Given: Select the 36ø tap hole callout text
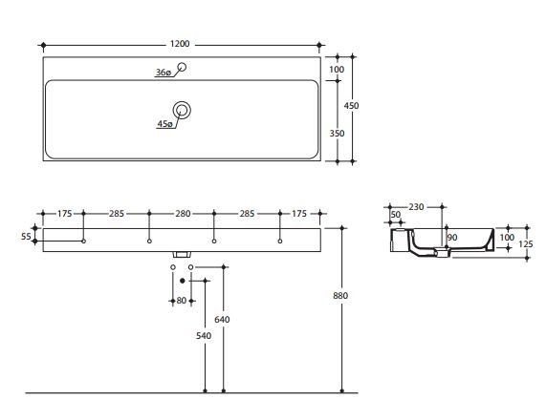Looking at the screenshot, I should pos(164,73).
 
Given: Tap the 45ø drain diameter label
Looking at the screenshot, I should pos(164,124).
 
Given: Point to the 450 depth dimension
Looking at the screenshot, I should pos(352,107).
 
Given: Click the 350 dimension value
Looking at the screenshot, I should pos(337,134).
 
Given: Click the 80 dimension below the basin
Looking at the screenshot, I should pos(182,301).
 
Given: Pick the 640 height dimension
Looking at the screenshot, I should pos(222,319).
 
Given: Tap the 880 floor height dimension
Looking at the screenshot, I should pos(341,296).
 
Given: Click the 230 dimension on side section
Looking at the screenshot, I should pos(416,207).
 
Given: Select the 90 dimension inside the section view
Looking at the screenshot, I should pos(451,237).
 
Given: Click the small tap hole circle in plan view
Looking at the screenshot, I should pos(183,67).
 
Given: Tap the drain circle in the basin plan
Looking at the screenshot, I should pos(182,109).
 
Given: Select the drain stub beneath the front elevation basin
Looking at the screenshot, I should pos(181,255).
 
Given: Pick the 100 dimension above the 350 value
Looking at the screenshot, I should pos(337,70).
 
